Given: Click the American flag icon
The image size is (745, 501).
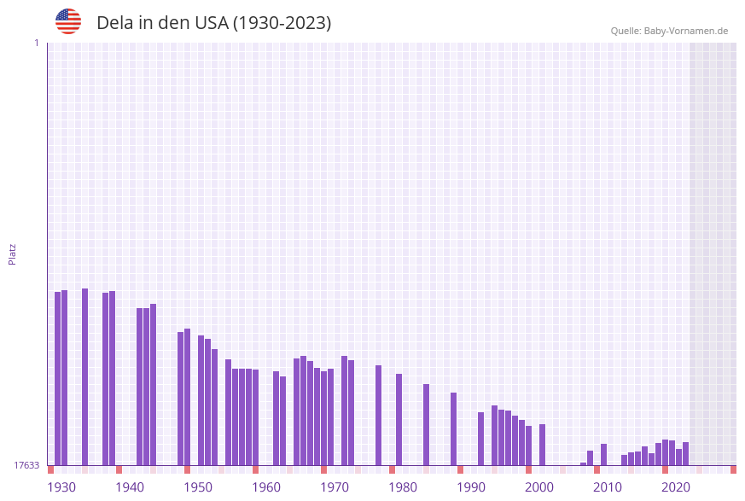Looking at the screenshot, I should (68, 21).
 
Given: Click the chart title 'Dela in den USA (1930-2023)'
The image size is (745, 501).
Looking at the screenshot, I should (213, 23).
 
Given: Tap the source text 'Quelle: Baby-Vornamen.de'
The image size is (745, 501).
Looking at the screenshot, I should (669, 31).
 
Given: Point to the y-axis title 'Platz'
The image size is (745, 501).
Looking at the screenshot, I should (13, 253).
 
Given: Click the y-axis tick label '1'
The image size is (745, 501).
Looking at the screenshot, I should (36, 43).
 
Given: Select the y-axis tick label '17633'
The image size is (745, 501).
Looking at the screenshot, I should (26, 465).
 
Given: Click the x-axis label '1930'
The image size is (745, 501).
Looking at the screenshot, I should (61, 487).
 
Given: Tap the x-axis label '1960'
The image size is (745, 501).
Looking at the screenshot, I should (266, 487).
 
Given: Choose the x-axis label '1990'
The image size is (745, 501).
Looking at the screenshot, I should (471, 487).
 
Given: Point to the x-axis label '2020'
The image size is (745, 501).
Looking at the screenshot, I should (676, 487).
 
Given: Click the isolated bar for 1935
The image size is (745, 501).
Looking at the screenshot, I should (85, 376).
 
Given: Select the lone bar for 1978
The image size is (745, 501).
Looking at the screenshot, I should (379, 415).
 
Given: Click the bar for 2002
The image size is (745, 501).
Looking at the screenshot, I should (543, 444).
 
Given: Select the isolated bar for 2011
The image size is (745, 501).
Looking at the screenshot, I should (604, 454).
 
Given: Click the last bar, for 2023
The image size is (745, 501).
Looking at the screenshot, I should (686, 453).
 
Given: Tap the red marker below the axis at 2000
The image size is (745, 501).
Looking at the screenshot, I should (529, 469).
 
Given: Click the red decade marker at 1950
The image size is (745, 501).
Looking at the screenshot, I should (188, 469).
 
